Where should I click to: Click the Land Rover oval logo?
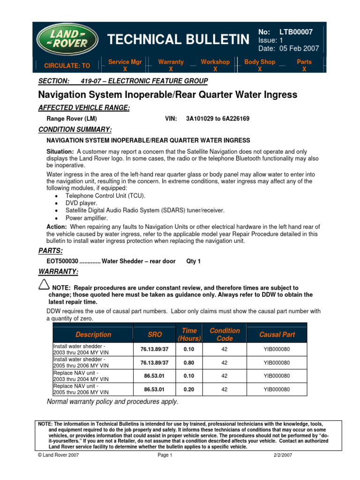click(68, 40)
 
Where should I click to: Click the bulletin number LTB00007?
click(296, 32)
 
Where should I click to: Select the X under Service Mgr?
click(125, 68)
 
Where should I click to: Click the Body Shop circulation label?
click(260, 62)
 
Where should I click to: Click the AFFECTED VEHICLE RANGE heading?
click(83, 108)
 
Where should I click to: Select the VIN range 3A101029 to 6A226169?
click(217, 119)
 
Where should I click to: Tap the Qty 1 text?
click(194, 261)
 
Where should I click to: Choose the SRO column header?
click(155, 335)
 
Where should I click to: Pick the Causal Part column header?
click(277, 335)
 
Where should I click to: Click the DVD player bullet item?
click(81, 203)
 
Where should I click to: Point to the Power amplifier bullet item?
click(86, 218)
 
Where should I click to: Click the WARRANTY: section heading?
click(58, 272)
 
